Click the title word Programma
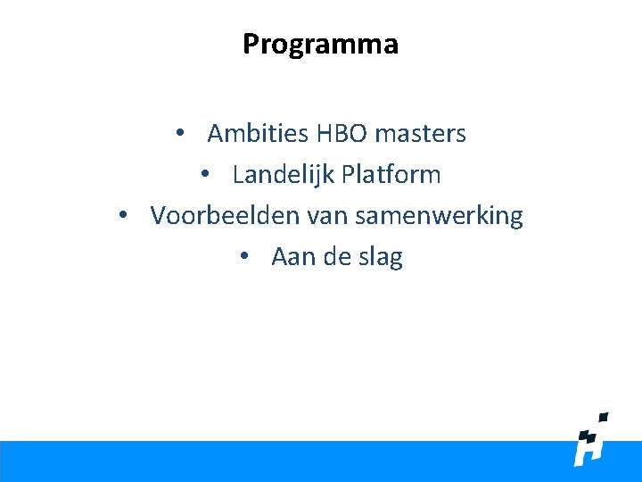coord(320,44)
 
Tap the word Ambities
coord(257,134)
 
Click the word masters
coord(420,134)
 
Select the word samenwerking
coord(438,217)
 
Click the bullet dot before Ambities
coord(180,134)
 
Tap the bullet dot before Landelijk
coord(205,175)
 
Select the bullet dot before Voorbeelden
coord(123,216)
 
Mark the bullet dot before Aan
coord(244,257)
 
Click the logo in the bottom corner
coord(591,442)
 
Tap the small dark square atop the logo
coord(603,417)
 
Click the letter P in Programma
coord(251,44)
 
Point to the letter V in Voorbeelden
coord(159,216)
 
